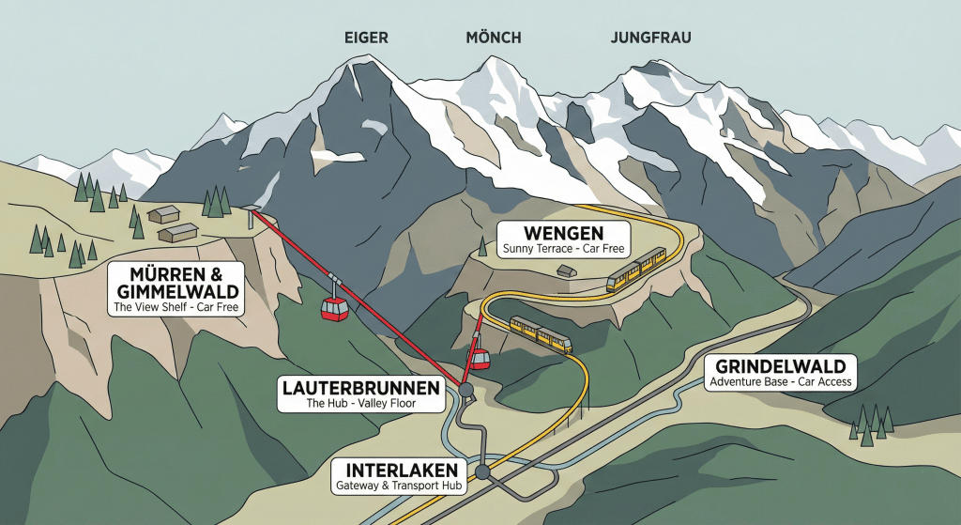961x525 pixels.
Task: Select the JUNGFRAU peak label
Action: pos(652,39)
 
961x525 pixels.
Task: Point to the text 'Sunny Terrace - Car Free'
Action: pos(564,249)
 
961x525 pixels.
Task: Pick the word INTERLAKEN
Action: pos(402,470)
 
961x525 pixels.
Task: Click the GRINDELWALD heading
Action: pos(781,365)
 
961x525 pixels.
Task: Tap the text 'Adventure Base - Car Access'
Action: pos(781,382)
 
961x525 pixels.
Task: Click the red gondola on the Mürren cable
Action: pos(334,307)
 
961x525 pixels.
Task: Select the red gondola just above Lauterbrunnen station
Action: pos(480,358)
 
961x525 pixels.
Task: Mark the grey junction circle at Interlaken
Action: pos(482,471)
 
